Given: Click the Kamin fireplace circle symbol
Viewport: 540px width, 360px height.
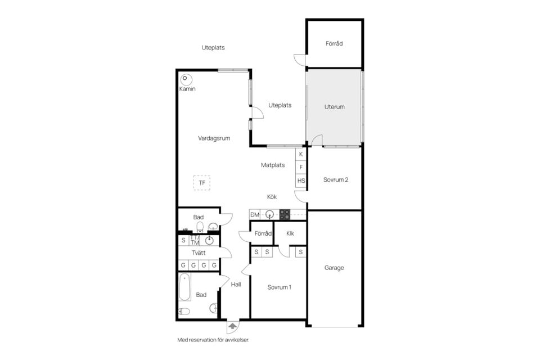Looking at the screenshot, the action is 186,79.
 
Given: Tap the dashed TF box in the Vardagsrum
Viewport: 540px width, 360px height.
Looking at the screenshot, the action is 202,183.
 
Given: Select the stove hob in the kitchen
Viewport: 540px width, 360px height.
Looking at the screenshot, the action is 285,215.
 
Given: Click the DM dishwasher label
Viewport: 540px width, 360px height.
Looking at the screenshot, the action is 255,215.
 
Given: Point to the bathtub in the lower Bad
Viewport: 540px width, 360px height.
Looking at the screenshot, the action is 184,287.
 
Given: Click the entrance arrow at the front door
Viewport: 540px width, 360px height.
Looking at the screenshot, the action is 233,326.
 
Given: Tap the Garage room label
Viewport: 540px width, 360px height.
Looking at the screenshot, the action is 334,268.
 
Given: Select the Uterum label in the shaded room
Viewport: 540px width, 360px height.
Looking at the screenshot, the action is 334,107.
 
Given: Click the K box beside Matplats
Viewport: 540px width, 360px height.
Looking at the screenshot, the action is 301,154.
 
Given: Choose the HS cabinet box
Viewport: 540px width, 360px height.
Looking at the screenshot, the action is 301,181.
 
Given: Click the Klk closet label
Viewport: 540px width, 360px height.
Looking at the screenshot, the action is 290,233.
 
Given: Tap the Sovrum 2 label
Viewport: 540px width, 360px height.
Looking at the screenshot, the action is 336,179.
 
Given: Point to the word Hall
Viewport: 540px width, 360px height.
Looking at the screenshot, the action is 236,284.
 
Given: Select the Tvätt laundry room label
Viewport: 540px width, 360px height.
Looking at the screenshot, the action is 199,253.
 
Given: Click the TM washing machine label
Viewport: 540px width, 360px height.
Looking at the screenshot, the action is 195,242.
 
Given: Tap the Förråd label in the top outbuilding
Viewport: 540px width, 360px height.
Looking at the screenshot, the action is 334,43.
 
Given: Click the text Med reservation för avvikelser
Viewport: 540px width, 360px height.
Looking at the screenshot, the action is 213,340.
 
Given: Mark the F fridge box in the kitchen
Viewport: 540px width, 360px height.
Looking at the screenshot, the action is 301,167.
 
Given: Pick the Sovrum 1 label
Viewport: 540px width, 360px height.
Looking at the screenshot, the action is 280,287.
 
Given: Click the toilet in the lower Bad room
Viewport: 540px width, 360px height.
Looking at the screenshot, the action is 184,312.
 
